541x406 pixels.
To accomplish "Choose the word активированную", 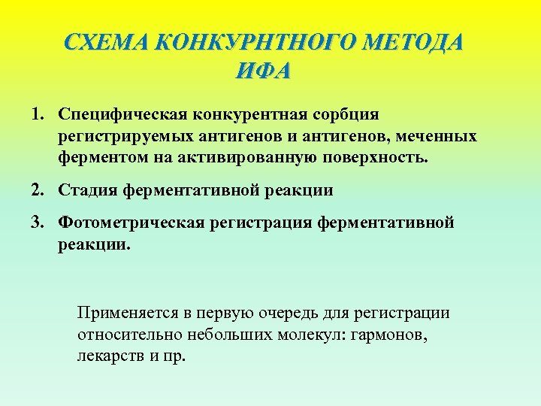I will tap(256, 159).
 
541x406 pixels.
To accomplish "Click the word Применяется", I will tap(125, 312).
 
